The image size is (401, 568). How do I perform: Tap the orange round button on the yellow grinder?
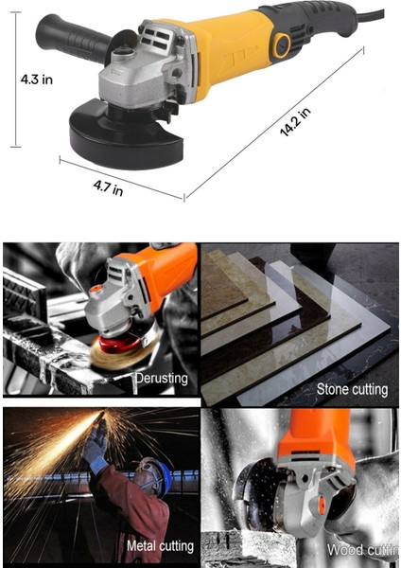[x=280, y=44]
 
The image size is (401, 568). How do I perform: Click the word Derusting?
[x=161, y=379]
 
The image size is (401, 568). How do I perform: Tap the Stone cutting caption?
[x=352, y=389]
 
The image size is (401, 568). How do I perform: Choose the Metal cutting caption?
[x=160, y=546]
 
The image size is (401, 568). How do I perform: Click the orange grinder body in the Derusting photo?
[x=157, y=270]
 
